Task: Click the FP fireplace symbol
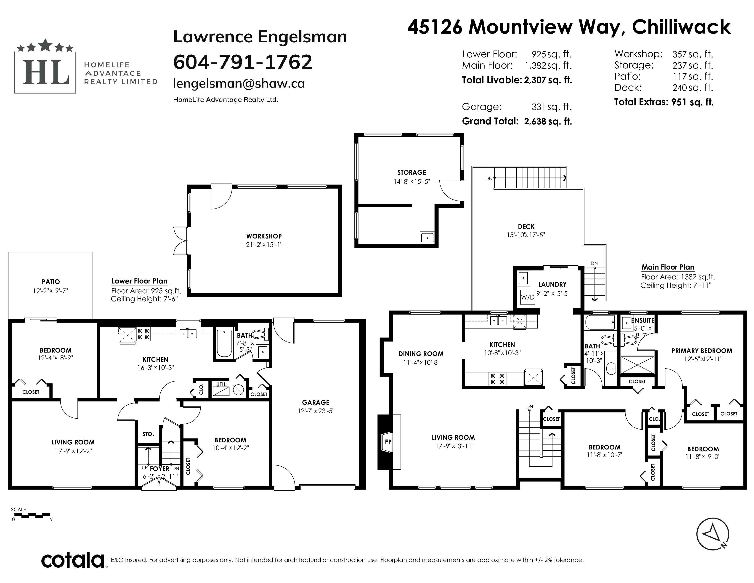388,442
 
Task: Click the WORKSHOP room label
264,236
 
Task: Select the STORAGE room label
412,172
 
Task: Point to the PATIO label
51,282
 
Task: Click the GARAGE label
316,402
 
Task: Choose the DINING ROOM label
421,354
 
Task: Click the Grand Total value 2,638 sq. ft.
548,121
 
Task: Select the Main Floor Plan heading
668,267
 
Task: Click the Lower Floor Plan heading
139,281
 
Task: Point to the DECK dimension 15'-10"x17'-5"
526,235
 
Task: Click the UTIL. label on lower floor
222,384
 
